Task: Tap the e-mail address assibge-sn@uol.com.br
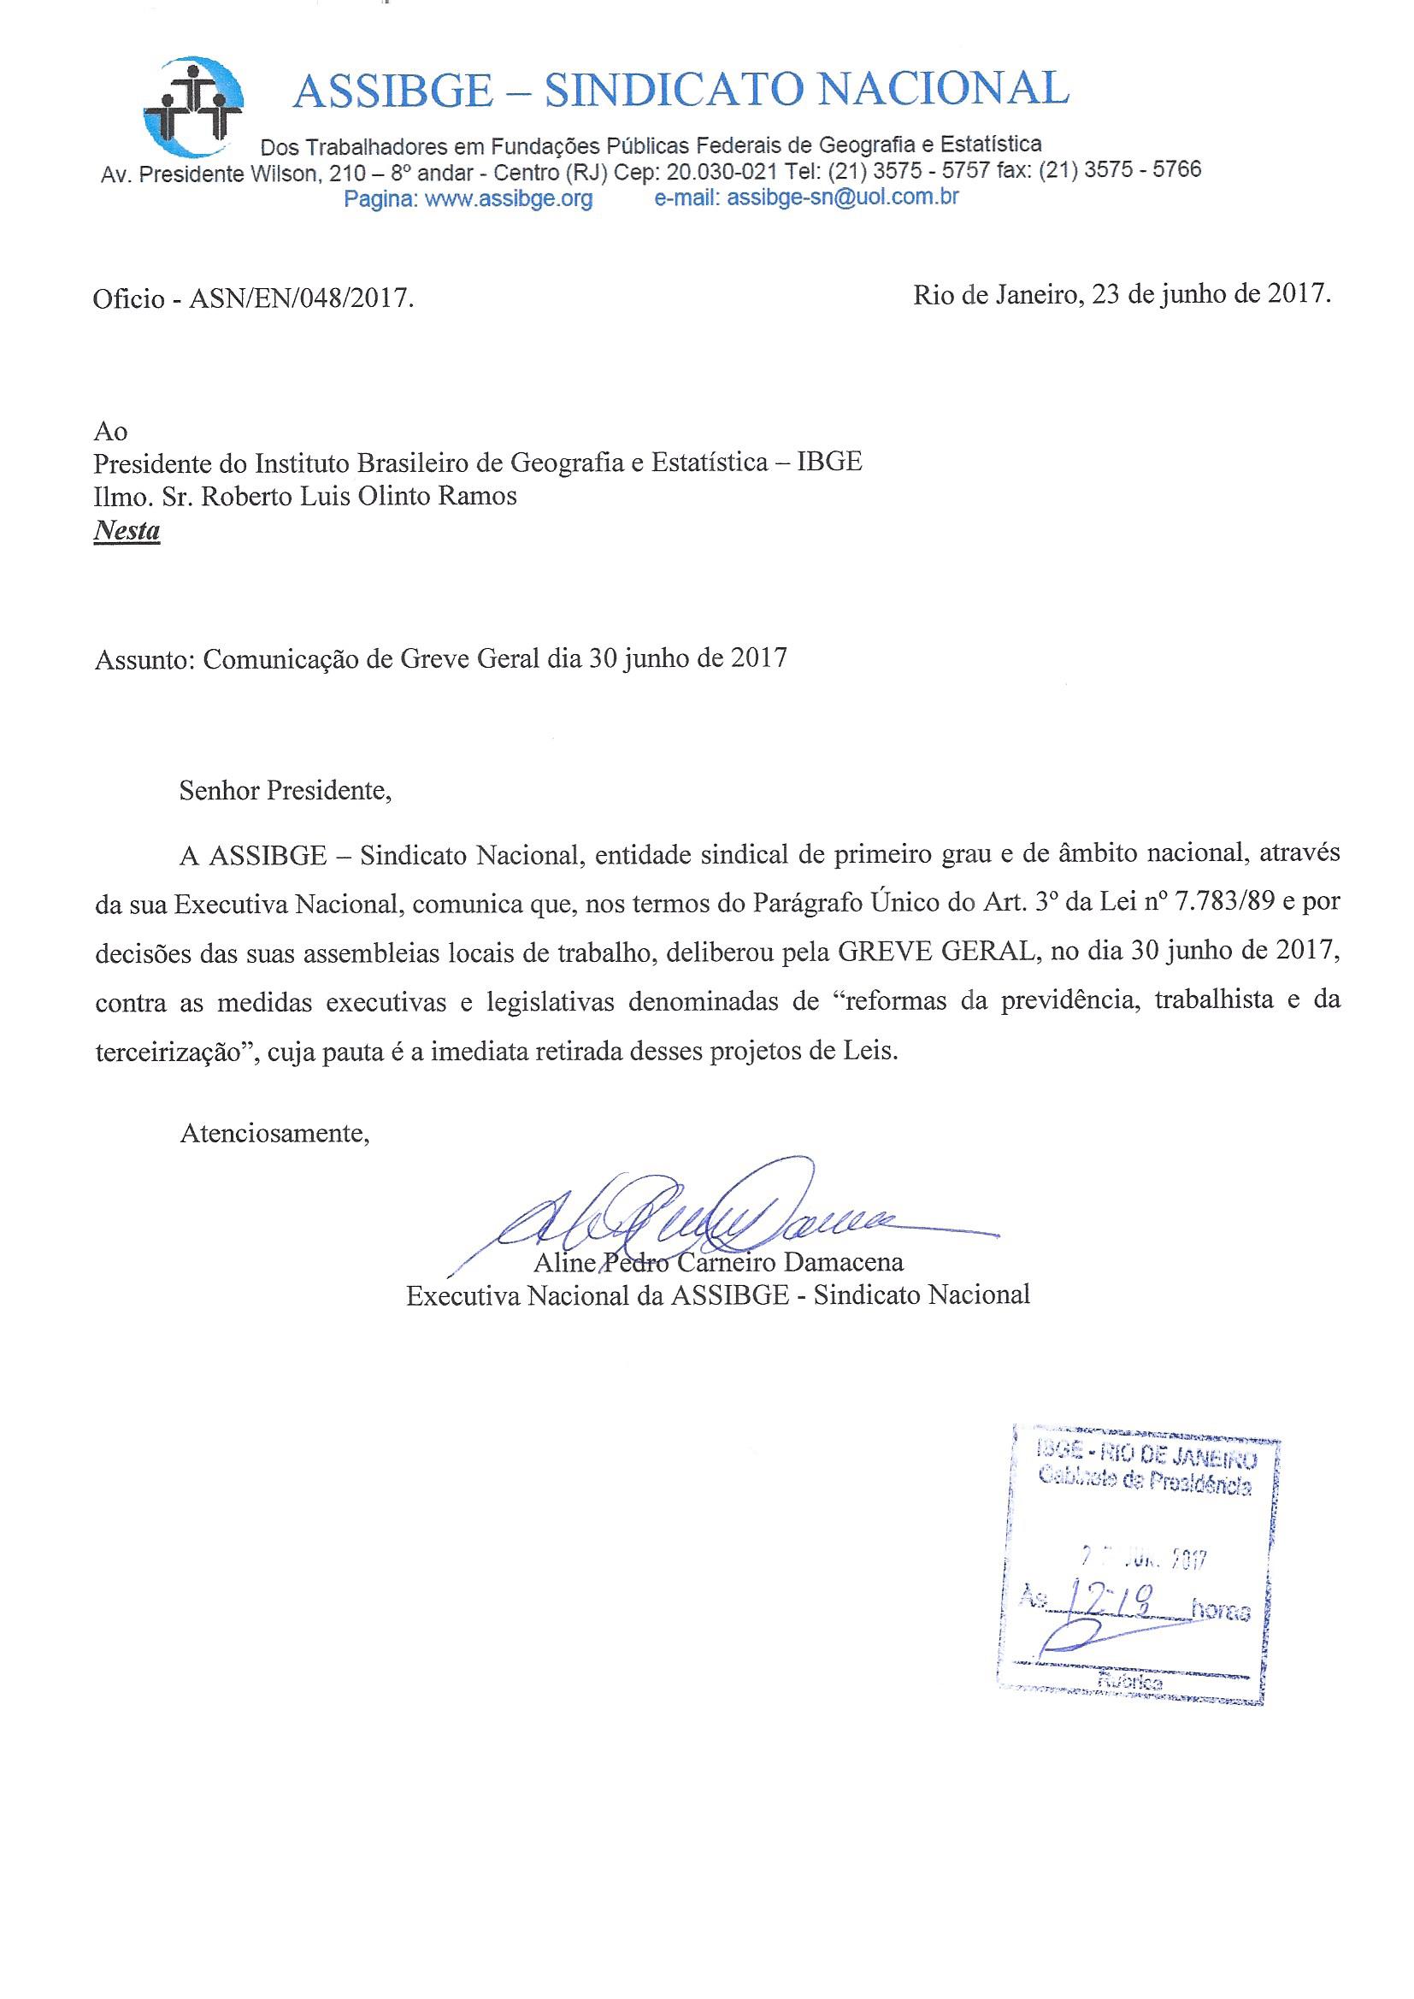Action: pyautogui.click(x=843, y=198)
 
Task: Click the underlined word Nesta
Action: pyautogui.click(x=127, y=529)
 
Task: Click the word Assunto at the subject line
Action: pyautogui.click(x=142, y=657)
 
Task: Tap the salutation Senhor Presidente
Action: pyautogui.click(x=285, y=791)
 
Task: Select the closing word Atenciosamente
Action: pyautogui.click(x=274, y=1134)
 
